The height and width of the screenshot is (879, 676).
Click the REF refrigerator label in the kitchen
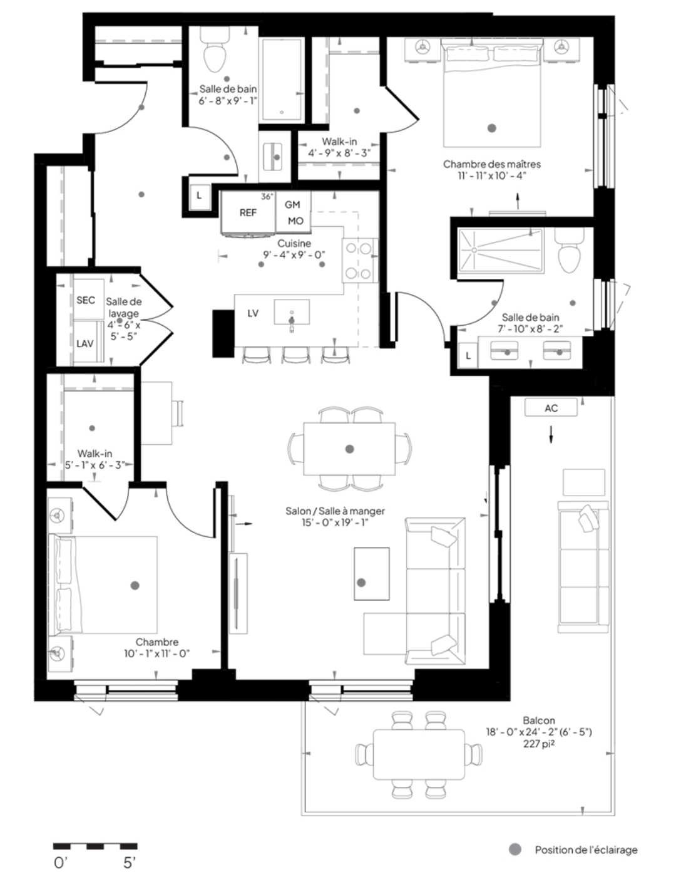point(248,213)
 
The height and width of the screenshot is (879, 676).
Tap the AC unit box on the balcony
point(550,408)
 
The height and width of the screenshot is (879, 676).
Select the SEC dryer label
point(86,300)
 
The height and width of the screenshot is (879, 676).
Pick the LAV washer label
point(85,344)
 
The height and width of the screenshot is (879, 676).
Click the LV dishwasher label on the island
point(253,313)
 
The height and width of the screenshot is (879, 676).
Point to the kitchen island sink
point(292,312)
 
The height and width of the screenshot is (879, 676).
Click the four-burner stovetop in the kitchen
point(358,261)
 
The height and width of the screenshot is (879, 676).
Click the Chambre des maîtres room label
point(492,164)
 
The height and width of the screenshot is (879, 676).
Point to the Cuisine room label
point(294,244)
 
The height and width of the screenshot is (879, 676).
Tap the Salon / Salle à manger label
point(335,511)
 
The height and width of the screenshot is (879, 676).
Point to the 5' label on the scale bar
point(128,863)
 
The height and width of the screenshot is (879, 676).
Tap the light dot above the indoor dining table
point(350,449)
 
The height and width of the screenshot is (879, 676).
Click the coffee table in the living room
point(372,574)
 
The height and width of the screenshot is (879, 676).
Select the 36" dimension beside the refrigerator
point(267,197)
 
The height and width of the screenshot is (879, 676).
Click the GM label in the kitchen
point(292,205)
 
